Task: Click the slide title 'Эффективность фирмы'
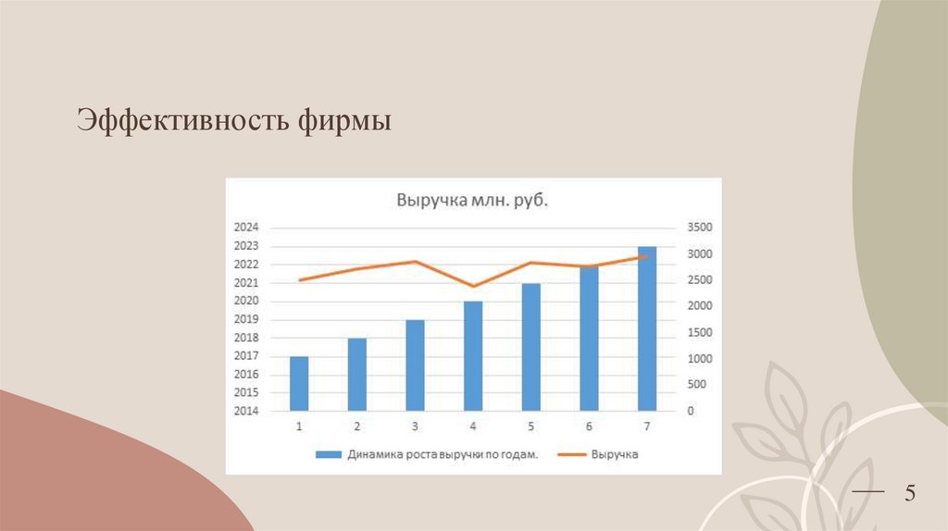coord(234,121)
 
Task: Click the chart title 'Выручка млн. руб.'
coord(472,200)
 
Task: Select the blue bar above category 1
coord(299,383)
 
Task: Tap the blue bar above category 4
coord(473,355)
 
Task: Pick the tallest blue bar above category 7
coord(647,328)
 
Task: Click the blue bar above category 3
coord(415,364)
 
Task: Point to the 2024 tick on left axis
coord(246,228)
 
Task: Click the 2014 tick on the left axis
coord(246,411)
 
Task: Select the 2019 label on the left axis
coord(246,319)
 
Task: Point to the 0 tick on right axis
coord(690,411)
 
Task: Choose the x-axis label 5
coord(530,426)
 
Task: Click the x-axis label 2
coord(356,426)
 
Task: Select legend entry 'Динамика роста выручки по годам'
coord(427,454)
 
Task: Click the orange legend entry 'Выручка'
coord(601,454)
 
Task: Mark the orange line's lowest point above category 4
coord(473,287)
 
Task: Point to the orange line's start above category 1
coord(299,279)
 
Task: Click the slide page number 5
coord(909,494)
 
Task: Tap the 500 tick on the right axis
coord(695,385)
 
